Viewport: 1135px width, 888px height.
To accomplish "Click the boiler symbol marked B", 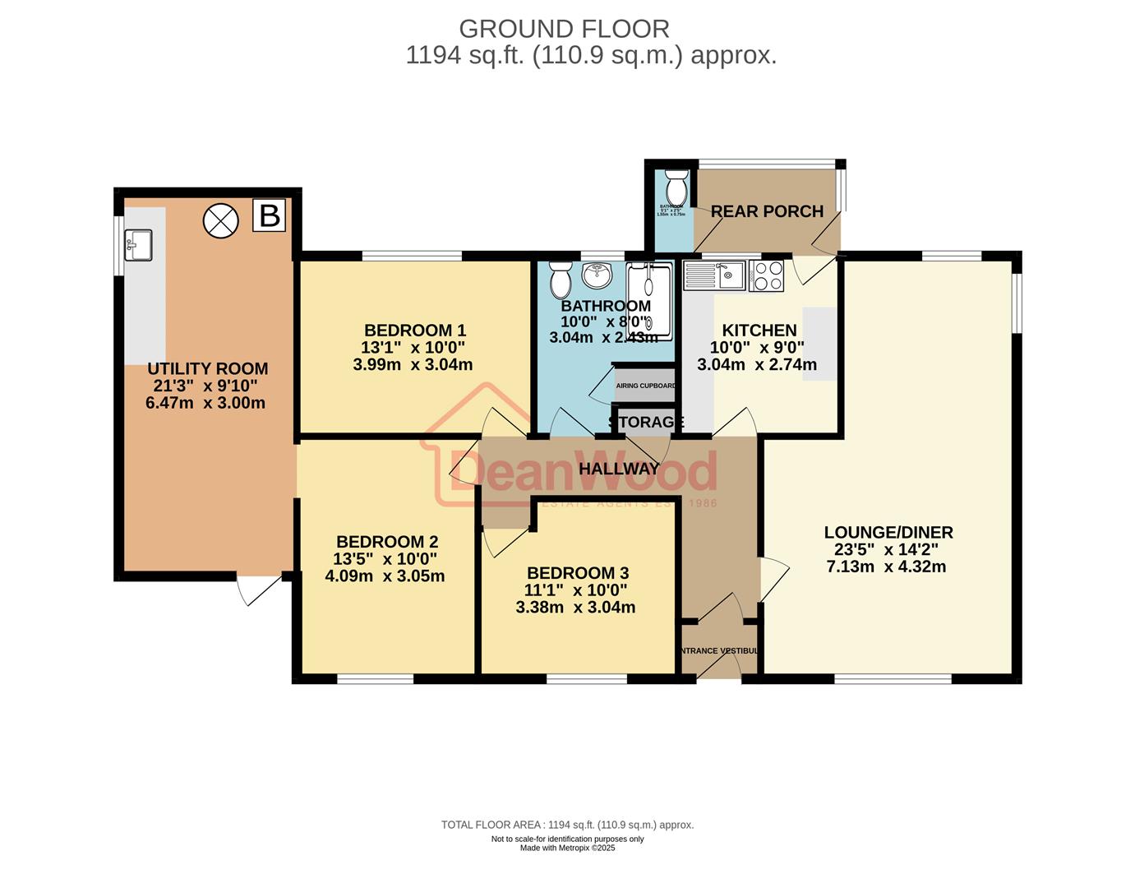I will click(x=269, y=215).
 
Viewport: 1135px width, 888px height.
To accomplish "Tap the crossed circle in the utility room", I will click(x=220, y=220).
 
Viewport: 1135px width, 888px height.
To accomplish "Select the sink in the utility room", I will click(x=138, y=245).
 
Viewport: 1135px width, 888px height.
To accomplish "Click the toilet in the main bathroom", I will click(x=561, y=280).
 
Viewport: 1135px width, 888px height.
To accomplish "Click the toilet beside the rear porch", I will click(x=676, y=188).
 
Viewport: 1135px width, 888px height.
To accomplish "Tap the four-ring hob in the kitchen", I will click(x=766, y=275).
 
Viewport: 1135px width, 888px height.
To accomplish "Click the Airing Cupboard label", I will click(x=645, y=386).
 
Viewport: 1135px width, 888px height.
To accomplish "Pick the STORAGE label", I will click(x=646, y=422).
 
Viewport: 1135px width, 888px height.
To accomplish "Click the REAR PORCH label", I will click(x=767, y=211).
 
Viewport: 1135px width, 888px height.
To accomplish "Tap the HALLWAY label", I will click(x=619, y=469).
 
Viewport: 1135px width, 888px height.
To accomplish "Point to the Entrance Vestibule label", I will click(x=718, y=650).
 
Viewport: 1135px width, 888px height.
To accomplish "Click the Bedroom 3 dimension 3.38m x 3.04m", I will click(x=575, y=608).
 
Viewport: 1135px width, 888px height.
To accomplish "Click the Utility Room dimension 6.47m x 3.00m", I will click(x=205, y=403).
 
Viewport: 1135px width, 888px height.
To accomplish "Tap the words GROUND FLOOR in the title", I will click(x=564, y=29).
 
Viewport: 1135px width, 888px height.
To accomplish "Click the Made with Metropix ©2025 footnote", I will click(x=567, y=848).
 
